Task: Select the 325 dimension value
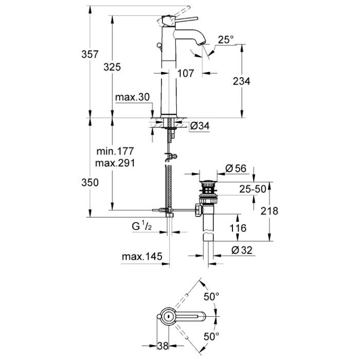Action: point(112,66)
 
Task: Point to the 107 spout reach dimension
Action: point(185,74)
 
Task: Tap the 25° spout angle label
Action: point(225,40)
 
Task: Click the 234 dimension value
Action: point(241,81)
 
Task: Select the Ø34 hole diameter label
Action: point(200,126)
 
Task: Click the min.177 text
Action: point(115,151)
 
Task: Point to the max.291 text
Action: point(115,163)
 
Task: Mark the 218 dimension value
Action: point(269,211)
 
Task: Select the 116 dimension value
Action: point(238,228)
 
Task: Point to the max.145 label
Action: point(142,256)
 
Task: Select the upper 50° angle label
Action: point(211,297)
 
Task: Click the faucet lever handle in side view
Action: point(188,19)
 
